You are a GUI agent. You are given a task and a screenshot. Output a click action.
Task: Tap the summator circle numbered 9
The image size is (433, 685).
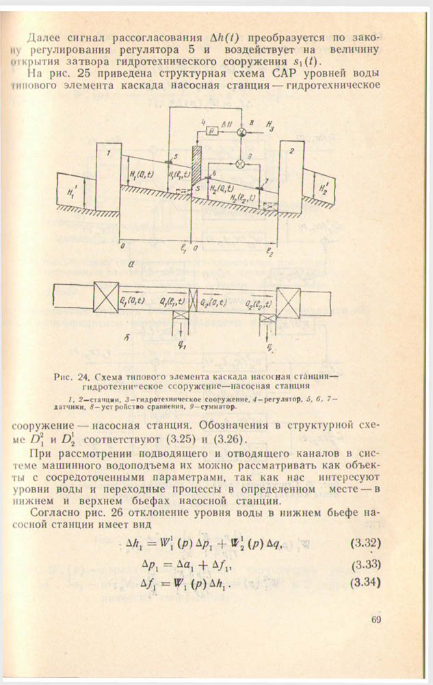click(240, 164)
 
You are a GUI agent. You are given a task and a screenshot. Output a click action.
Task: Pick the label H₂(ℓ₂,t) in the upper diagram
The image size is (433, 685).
click(244, 199)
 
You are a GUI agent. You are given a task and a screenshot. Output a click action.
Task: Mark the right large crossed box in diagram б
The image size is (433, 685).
click(288, 300)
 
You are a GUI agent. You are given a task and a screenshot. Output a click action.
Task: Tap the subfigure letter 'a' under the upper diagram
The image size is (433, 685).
click(131, 262)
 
